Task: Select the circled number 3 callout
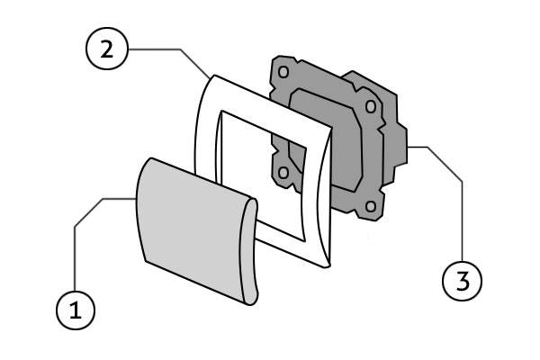click(462, 280)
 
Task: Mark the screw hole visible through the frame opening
click(283, 171)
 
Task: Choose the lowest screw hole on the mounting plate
click(369, 209)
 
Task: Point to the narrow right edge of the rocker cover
click(249, 252)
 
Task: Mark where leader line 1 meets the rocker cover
click(135, 198)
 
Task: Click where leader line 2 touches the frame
click(210, 76)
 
